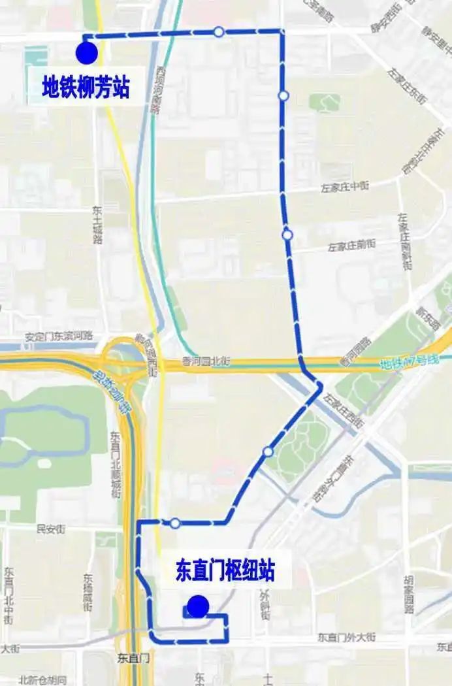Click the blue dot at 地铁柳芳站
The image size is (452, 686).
(x=86, y=52)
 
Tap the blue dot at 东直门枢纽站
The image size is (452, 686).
(x=197, y=606)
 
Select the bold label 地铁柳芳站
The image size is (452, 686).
(x=86, y=87)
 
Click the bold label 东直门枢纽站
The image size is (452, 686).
(x=225, y=571)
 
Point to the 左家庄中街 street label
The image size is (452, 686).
(x=344, y=187)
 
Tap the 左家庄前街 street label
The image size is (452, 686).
(x=351, y=246)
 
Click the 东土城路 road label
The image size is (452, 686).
(x=98, y=225)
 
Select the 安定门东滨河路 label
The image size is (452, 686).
(x=59, y=336)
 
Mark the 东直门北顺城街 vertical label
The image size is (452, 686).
(x=116, y=465)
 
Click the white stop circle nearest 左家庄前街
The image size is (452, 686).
(x=287, y=235)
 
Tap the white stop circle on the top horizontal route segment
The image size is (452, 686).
(x=219, y=31)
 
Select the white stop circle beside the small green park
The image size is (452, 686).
(x=283, y=95)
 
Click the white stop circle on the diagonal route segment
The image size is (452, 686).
(x=268, y=451)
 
